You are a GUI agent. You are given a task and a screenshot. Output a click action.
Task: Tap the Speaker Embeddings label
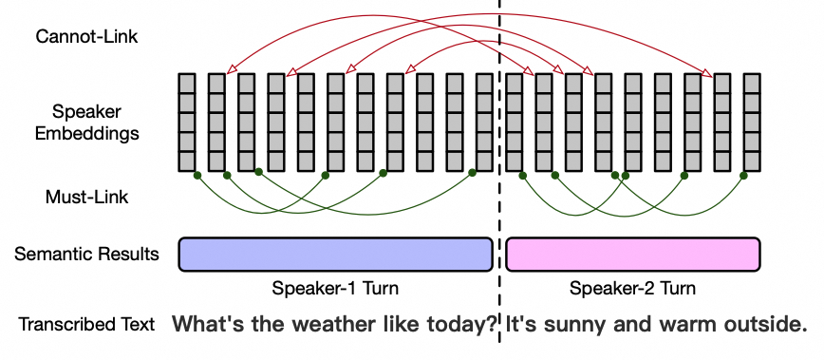pyautogui.click(x=86, y=123)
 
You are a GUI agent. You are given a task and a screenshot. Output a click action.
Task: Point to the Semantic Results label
pyautogui.click(x=86, y=255)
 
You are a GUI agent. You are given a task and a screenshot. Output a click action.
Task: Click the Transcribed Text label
pyautogui.click(x=86, y=325)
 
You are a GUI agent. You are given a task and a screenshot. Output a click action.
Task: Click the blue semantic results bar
pyautogui.click(x=335, y=255)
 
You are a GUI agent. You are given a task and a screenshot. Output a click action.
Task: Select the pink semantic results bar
pyautogui.click(x=633, y=255)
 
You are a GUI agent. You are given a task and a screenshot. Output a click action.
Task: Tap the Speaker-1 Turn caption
pyautogui.click(x=335, y=289)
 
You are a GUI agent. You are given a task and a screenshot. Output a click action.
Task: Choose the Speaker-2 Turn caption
pyautogui.click(x=633, y=289)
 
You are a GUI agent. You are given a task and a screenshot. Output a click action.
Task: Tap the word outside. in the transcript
pyautogui.click(x=764, y=325)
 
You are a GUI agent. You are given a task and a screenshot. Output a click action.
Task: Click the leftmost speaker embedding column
pyautogui.click(x=187, y=122)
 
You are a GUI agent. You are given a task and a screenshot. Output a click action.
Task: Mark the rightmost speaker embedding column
pyautogui.click(x=752, y=122)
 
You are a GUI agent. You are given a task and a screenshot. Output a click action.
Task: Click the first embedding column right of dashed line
pyautogui.click(x=515, y=122)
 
